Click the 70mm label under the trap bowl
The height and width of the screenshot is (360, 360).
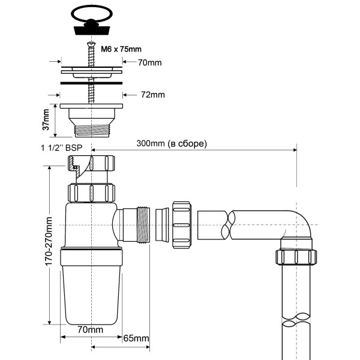tap(91, 329)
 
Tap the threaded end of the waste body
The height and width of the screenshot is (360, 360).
tap(91, 128)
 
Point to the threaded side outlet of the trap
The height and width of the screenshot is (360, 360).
tap(143, 225)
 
